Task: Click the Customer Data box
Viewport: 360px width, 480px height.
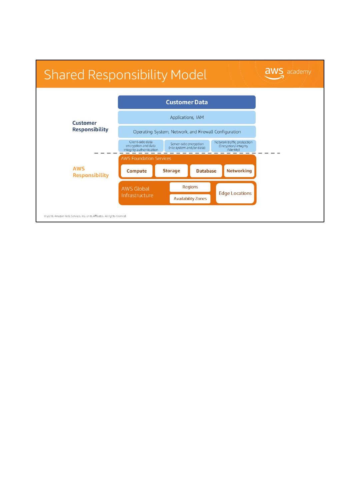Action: (187, 102)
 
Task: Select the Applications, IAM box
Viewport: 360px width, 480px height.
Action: (187, 117)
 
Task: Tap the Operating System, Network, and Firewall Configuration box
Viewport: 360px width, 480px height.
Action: (187, 132)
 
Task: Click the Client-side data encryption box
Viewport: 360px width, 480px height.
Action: (141, 146)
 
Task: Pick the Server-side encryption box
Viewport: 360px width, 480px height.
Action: (187, 146)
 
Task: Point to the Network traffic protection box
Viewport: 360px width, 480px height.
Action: (233, 146)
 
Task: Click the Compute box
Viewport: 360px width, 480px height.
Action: (137, 171)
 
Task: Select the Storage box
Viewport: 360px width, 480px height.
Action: (171, 171)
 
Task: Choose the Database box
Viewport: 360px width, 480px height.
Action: (206, 171)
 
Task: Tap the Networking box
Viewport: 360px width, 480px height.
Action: (239, 171)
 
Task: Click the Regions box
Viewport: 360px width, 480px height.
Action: (190, 187)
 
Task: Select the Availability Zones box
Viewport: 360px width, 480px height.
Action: (190, 199)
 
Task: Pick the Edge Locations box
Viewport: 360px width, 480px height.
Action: (235, 193)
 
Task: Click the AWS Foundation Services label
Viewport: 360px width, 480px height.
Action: (146, 159)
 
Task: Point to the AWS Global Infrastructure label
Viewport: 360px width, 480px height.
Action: (137, 192)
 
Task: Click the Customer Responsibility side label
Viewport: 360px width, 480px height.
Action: (90, 126)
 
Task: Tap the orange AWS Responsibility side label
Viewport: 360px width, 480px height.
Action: (90, 172)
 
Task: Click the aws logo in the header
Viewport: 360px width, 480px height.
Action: (274, 72)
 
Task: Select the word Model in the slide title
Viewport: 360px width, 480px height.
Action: (189, 75)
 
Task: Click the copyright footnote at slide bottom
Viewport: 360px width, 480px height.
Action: (85, 216)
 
